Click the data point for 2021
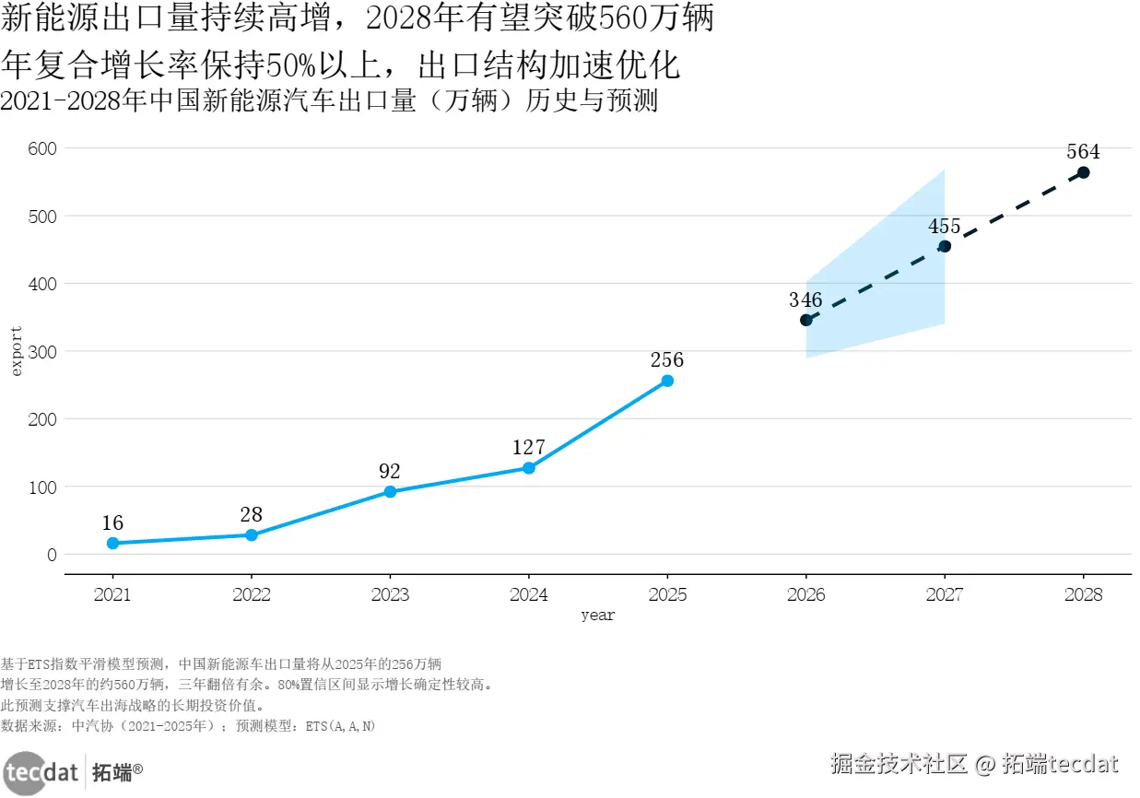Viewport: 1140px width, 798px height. [112, 543]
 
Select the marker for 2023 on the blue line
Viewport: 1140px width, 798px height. [390, 491]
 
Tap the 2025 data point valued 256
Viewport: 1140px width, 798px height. [667, 381]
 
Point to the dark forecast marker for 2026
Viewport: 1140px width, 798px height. [805, 320]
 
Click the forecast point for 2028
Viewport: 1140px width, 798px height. [1083, 172]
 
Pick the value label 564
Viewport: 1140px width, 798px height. [1083, 152]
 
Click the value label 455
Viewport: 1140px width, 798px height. [944, 226]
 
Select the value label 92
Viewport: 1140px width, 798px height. [390, 471]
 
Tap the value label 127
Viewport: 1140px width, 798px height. [529, 448]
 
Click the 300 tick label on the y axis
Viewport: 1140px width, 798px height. [43, 351]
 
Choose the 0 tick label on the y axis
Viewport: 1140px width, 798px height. [52, 555]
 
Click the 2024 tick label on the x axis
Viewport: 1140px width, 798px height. [529, 594]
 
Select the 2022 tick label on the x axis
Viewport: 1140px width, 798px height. [252, 594]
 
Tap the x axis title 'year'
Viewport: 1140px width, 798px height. [597, 616]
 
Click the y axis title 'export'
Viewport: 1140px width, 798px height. [15, 350]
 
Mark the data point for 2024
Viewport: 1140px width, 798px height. [529, 468]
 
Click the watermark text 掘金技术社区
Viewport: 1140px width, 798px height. [898, 764]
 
